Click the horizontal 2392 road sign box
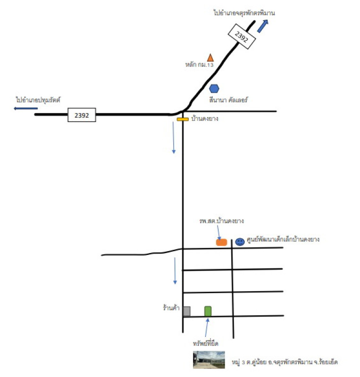82,115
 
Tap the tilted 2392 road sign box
242,36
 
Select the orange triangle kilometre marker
210,58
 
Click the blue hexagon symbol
214,89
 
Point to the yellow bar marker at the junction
183,119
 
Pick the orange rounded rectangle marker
222,242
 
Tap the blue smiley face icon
240,242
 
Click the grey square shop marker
187,311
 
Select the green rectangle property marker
208,311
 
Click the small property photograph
209,360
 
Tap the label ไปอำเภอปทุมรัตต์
38,100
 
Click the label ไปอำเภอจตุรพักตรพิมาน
244,13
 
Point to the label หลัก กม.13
200,65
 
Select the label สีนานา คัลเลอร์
228,99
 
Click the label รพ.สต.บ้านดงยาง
222,221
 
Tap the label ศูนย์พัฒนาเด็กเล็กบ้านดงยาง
283,239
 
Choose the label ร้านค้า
171,308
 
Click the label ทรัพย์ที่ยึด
205,343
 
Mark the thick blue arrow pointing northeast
263,26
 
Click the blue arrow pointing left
26,108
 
